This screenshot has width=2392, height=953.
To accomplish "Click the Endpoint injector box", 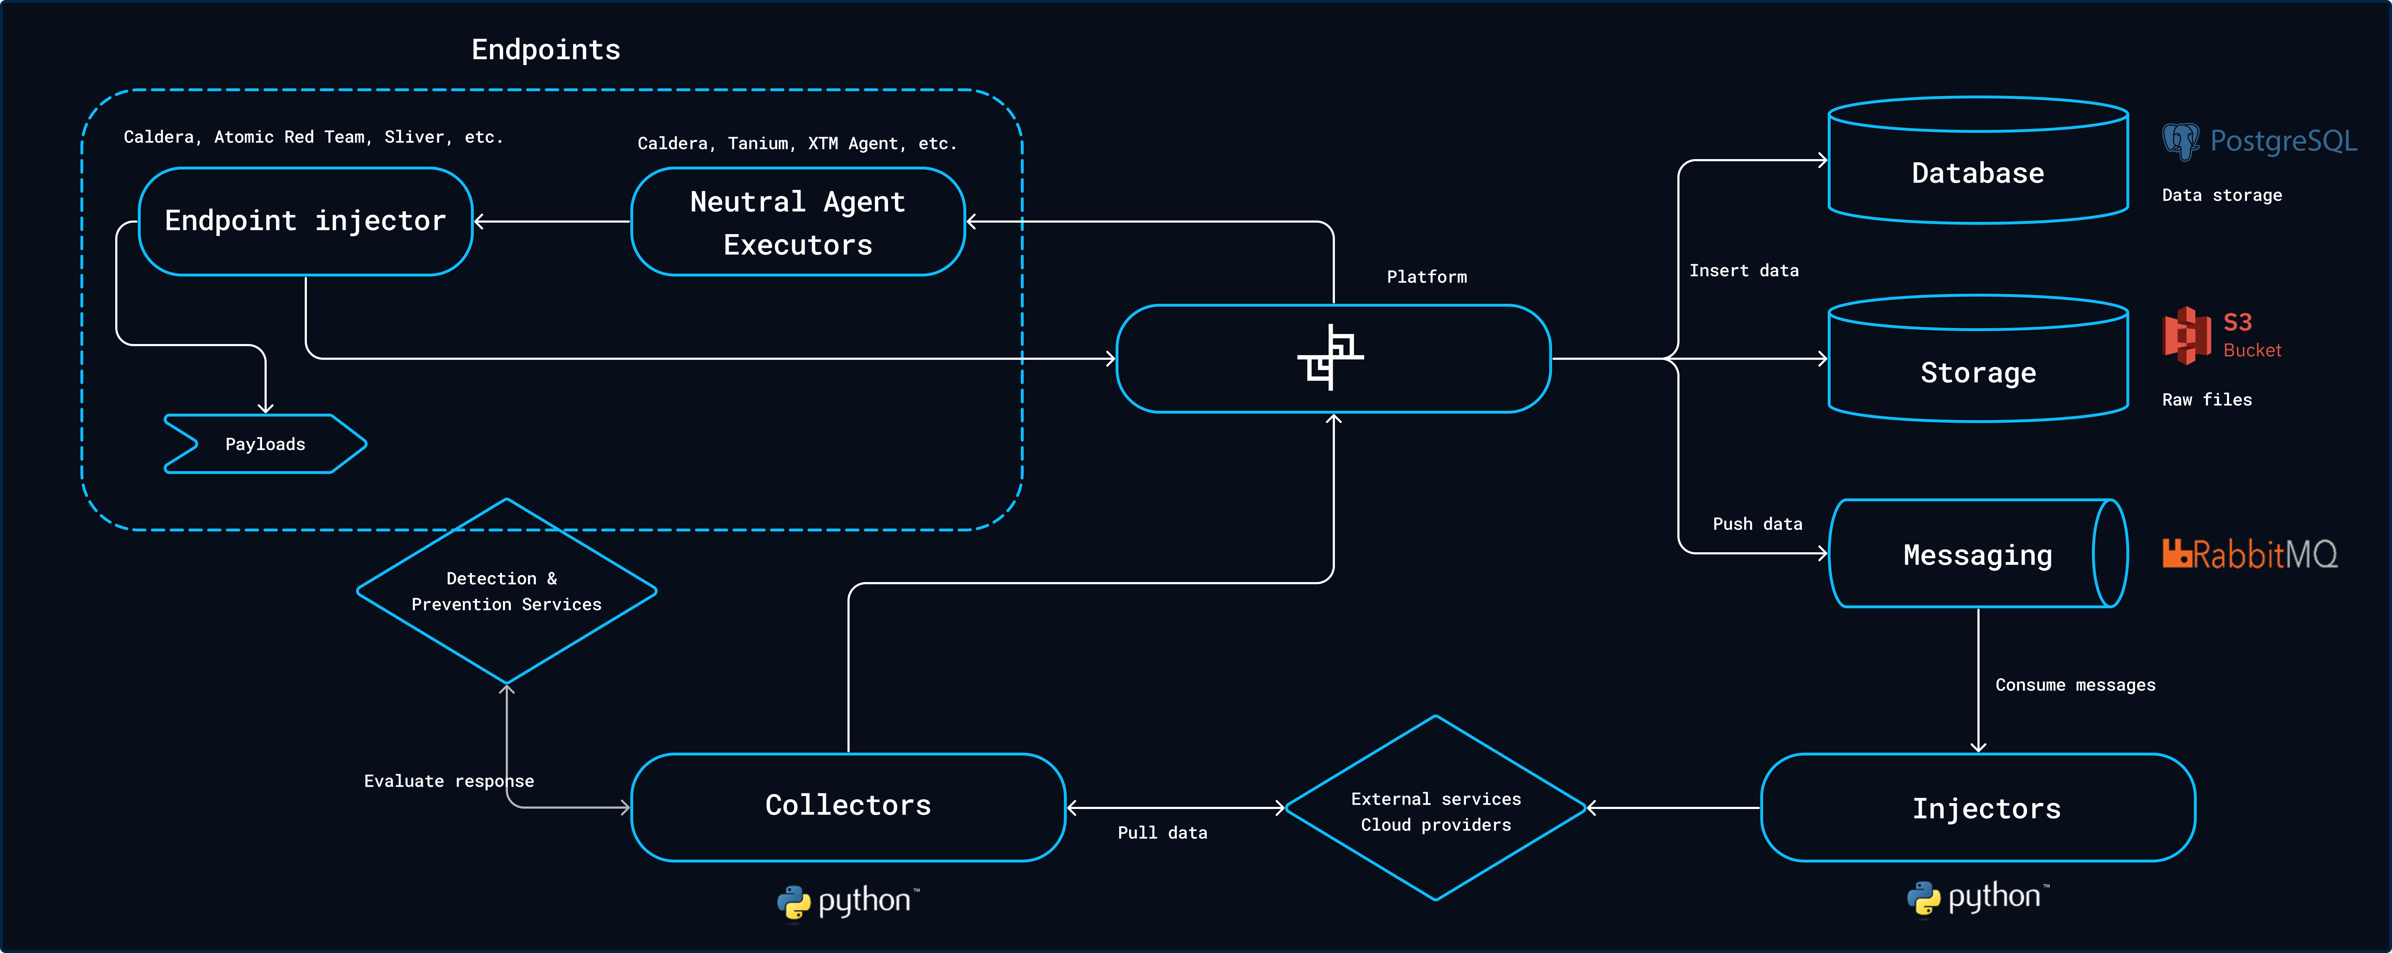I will click(x=305, y=221).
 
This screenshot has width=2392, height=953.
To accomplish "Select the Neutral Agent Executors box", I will click(x=798, y=222).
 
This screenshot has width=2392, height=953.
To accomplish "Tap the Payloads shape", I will click(x=265, y=444).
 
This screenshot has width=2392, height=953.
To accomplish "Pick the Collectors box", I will click(x=848, y=806).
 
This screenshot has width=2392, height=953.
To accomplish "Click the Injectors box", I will click(x=1978, y=808).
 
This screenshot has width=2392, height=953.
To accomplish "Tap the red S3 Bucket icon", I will click(x=2187, y=335).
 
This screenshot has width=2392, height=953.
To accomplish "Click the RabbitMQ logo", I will click(x=2249, y=554).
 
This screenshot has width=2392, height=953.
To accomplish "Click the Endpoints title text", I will click(x=546, y=49).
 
